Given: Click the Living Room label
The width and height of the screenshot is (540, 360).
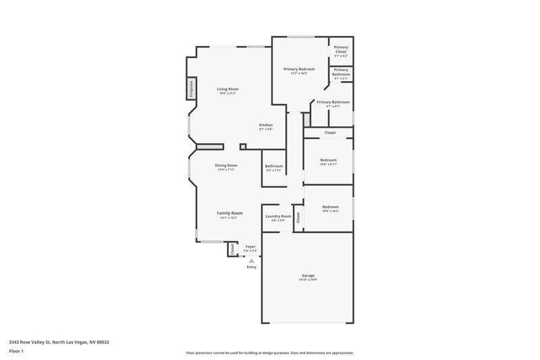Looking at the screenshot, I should pos(227,89).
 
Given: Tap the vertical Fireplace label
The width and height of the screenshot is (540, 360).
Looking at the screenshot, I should pos(191,88).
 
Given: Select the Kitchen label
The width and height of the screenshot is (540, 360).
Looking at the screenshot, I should pos(266,125).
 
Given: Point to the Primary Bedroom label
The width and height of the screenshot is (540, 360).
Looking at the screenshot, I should pos(298,69).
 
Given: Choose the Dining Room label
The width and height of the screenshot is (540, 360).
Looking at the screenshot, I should pos(226,165).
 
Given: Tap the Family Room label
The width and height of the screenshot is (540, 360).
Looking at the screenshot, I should pos(230,213).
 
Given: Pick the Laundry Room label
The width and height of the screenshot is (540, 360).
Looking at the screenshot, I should pos(278,216).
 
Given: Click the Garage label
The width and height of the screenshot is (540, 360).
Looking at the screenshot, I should pos(308,275).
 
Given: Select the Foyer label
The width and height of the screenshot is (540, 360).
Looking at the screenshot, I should pos(250,247).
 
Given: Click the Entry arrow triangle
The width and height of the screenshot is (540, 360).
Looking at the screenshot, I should pos(251,260).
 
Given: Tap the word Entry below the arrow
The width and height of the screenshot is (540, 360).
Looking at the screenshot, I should pos(251,267).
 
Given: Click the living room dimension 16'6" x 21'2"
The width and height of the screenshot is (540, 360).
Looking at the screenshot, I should pos(227,93).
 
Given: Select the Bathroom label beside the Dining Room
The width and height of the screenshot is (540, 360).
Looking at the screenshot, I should pos(274,166).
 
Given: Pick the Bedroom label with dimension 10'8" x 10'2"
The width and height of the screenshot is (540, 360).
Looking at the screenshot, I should pos(330,207).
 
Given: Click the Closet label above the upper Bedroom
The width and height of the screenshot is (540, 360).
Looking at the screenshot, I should pos(330,132).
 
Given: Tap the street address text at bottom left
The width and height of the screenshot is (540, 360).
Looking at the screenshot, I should pos(59,342).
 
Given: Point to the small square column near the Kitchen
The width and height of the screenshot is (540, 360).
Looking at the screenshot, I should pos(243,146).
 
